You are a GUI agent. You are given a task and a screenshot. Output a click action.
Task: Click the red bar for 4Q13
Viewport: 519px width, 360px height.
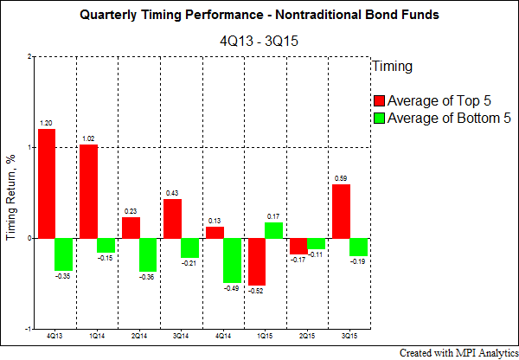click(x=47, y=183)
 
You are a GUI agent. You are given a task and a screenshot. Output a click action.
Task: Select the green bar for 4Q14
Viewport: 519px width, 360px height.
click(x=232, y=260)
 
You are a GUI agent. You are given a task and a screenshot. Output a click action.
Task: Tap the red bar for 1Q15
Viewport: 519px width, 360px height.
click(x=257, y=261)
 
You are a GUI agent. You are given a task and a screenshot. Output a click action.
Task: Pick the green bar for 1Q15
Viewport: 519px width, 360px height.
click(x=273, y=230)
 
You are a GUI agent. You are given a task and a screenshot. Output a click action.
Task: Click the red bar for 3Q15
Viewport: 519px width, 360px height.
click(x=341, y=211)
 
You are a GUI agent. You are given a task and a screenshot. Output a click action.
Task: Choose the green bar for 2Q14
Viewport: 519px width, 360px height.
click(x=148, y=254)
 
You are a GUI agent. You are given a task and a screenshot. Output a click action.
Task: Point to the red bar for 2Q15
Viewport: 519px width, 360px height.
click(x=299, y=246)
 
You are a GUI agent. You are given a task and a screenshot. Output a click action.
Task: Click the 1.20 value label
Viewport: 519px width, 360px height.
click(x=46, y=123)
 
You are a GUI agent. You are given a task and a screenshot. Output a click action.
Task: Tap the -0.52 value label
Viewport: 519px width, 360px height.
click(x=255, y=291)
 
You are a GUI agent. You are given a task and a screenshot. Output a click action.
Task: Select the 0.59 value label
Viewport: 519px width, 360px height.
click(x=341, y=178)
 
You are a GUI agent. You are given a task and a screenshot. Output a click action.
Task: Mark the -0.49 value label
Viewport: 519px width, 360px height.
click(x=231, y=288)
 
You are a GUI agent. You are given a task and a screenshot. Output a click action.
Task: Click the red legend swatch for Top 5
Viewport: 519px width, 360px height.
click(x=380, y=100)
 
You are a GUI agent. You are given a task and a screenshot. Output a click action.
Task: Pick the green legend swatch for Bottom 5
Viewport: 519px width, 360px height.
click(x=380, y=119)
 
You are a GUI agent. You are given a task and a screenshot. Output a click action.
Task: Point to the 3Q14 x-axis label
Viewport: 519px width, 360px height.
click(x=181, y=336)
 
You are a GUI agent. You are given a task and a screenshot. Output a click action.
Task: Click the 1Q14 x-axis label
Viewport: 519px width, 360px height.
click(x=97, y=336)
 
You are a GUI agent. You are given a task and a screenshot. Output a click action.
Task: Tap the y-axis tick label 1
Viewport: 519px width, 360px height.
click(x=29, y=147)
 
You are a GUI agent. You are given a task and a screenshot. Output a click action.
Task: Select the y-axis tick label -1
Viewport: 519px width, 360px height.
click(x=29, y=329)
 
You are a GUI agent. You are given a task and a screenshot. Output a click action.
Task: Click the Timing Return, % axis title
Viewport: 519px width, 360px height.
click(x=10, y=197)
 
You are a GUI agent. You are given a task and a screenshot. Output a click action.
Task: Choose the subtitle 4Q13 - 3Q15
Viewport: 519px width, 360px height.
click(x=259, y=41)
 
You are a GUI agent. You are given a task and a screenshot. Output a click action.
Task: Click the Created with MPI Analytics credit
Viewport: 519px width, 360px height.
click(x=459, y=353)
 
